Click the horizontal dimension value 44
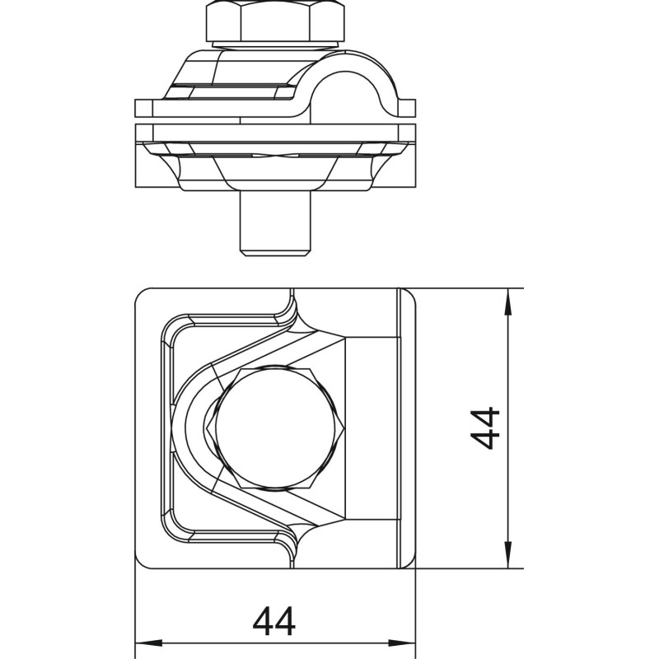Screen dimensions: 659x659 pos(274,622)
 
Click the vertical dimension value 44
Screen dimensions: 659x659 pos(485,428)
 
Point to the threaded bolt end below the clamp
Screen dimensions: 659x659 pos(275,222)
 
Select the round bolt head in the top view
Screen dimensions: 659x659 pos(275,428)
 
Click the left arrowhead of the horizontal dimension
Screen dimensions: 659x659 pos(148,643)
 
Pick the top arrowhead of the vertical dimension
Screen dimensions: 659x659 pos(507,301)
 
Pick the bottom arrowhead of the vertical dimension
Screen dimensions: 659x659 pos(507,555)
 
